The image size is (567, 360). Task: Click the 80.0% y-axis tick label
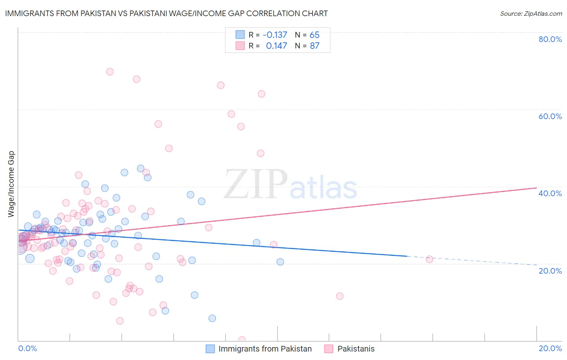(550, 39)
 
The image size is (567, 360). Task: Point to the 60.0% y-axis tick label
(550, 116)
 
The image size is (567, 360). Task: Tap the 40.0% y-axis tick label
(550, 193)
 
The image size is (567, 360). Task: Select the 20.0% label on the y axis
(550, 271)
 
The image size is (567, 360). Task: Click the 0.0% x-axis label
(27, 348)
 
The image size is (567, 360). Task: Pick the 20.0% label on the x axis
(550, 348)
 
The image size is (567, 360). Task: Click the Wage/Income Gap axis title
(11, 184)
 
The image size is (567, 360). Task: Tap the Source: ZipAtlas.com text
(531, 13)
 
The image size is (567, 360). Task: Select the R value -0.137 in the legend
(275, 35)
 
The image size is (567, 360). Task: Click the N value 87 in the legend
(315, 46)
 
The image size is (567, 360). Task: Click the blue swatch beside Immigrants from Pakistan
(210, 349)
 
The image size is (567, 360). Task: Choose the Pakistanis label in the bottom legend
(356, 349)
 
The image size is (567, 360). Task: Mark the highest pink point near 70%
(110, 71)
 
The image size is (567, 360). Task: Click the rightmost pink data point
(429, 259)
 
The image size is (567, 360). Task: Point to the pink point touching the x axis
(242, 340)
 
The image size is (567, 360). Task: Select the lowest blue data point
(212, 318)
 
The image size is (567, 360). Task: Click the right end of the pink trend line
(536, 188)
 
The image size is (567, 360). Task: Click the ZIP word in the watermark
(256, 184)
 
